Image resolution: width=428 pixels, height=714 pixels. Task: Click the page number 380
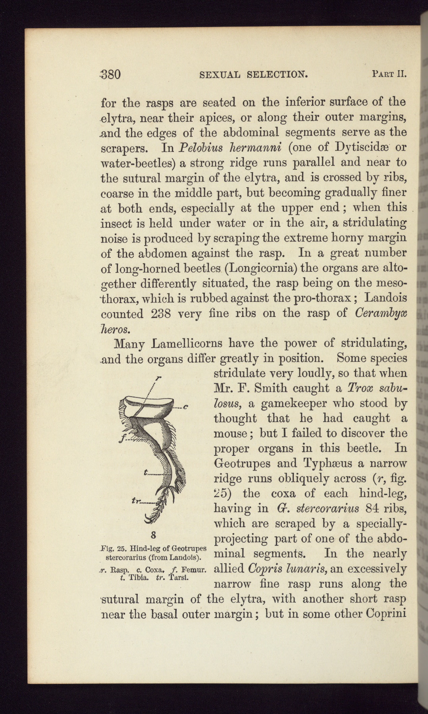pos(111,74)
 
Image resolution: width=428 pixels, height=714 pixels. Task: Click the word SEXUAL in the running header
pos(220,74)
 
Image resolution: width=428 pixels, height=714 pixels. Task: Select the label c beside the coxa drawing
pos(185,406)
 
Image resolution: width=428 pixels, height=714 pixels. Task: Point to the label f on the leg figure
pos(124,438)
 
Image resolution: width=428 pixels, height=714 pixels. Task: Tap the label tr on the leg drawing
pos(135,501)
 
